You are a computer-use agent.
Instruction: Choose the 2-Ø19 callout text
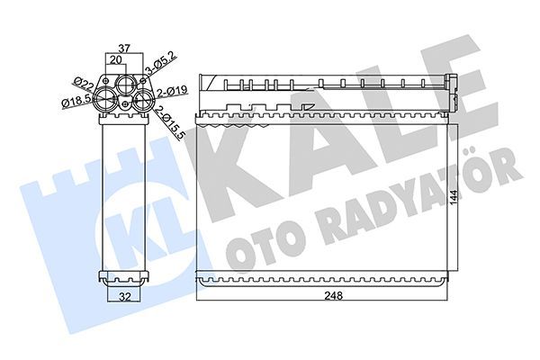pos(171,91)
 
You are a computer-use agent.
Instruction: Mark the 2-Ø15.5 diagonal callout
pos(174,122)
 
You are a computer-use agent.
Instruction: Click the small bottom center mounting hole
pos(123,112)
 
